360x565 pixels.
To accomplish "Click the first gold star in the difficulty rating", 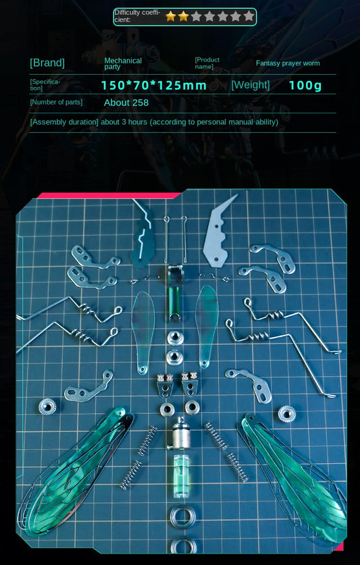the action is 171,16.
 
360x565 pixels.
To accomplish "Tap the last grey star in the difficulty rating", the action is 249,16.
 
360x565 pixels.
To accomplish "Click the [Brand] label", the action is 47,63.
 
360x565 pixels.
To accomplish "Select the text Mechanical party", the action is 123,63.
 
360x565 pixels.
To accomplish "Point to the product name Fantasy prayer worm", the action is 288,63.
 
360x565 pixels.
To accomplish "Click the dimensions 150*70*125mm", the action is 154,86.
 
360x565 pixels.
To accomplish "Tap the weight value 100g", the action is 305,86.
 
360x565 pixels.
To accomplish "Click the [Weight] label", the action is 251,85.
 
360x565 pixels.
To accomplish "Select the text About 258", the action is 126,103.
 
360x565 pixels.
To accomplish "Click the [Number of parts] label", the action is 56,103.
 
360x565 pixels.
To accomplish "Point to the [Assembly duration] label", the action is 64,122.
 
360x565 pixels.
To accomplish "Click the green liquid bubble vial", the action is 181,476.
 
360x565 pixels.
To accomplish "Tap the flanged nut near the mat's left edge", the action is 47,406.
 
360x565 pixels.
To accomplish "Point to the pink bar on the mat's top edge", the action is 108,196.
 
